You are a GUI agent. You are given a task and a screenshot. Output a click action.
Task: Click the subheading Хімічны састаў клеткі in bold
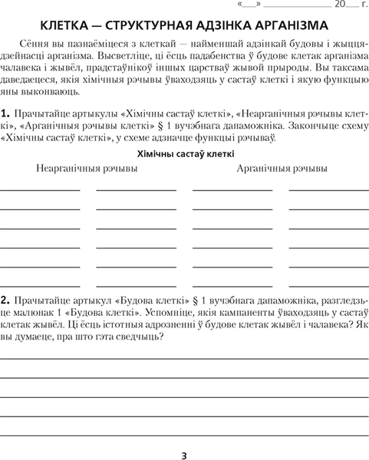point(185,153)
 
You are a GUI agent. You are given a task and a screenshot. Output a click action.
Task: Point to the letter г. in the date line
point(363,5)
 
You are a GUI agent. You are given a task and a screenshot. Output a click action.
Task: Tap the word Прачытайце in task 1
point(44,114)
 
